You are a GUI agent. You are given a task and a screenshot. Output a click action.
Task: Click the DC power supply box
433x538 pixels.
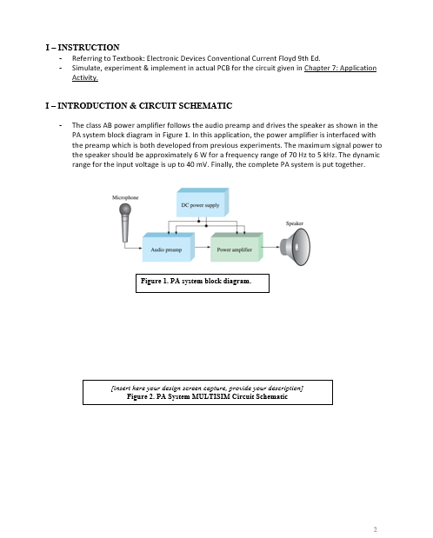203,203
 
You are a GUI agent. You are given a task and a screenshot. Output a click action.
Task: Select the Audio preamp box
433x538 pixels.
169,247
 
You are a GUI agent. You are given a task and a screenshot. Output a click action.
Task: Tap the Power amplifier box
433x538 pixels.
236,247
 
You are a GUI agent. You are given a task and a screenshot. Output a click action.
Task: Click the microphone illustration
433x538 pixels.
125,223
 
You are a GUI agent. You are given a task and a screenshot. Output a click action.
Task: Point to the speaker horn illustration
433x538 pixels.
296,247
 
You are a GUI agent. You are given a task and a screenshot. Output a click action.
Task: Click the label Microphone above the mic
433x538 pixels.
125,197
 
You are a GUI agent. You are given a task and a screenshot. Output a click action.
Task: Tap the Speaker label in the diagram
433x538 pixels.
295,223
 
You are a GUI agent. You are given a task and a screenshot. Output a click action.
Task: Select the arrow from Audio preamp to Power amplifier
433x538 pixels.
203,247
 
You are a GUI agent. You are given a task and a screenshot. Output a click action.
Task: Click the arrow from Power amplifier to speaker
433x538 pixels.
271,247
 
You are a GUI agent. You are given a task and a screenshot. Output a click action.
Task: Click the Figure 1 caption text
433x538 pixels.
197,281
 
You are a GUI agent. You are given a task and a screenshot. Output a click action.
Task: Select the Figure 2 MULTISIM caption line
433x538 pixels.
208,396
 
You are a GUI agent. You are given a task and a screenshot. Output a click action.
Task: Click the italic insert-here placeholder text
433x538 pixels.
208,388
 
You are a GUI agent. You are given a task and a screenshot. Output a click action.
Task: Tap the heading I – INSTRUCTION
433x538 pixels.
83,47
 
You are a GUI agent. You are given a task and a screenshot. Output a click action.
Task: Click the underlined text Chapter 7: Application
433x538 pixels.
340,68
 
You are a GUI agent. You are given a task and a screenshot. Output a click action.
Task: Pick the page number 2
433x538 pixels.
376,529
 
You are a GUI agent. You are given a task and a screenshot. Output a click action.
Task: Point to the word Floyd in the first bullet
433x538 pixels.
286,58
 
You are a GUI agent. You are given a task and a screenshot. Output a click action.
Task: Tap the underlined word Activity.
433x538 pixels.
85,78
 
